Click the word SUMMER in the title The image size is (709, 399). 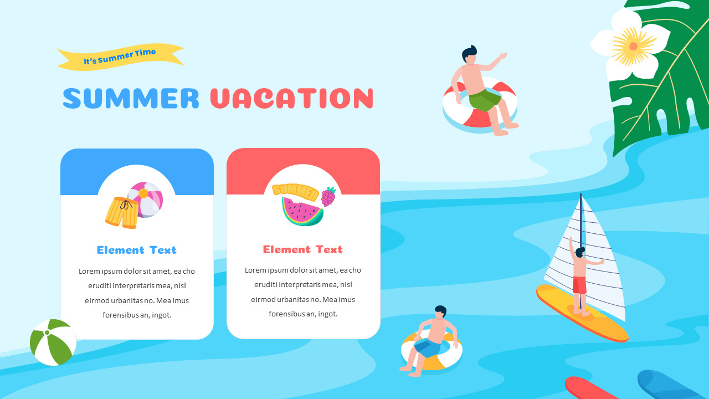tap(131, 98)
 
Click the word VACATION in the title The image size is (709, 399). tap(291, 98)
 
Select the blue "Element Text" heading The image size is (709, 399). tap(137, 250)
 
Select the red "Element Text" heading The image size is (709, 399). tap(303, 249)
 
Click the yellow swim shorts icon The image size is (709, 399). tap(121, 212)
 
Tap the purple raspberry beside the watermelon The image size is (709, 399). tap(328, 196)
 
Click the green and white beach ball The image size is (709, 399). tap(53, 342)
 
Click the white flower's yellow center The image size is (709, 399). tap(633, 46)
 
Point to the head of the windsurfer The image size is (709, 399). tap(580, 253)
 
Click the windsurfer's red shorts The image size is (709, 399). tap(579, 285)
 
